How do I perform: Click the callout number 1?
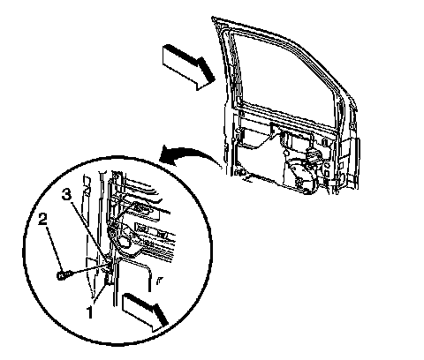tap(90, 312)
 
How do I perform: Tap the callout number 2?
tap(43, 220)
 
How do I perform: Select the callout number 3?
tap(66, 194)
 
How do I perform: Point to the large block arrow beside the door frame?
tap(188, 67)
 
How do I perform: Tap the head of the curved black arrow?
tap(167, 155)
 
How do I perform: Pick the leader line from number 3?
tap(89, 232)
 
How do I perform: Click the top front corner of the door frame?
tap(213, 19)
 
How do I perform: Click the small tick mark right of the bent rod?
tap(158, 281)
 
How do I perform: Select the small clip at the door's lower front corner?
tap(239, 172)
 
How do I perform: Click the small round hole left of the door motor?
tap(285, 154)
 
